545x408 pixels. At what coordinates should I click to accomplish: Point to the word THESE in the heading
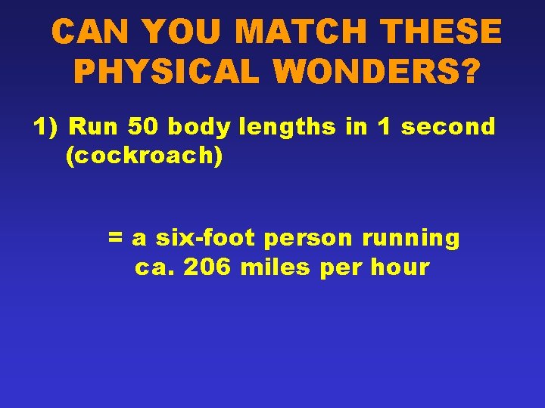[442, 32]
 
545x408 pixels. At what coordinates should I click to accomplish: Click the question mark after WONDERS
[470, 72]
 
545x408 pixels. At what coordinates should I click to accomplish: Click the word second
[448, 127]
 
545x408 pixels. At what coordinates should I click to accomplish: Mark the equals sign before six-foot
[116, 239]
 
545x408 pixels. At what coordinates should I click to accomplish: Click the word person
[310, 239]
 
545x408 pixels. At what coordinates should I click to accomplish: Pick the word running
[411, 239]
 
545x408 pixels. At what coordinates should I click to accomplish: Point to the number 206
[208, 267]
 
